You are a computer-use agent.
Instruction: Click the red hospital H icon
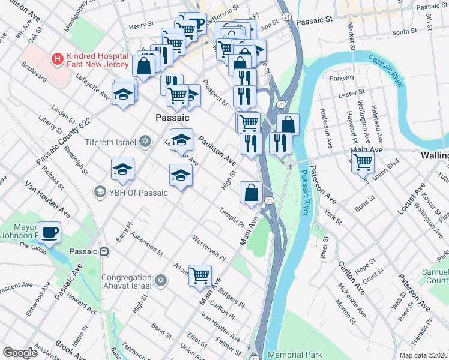coord(58,59)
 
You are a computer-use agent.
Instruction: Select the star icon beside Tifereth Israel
coord(144,142)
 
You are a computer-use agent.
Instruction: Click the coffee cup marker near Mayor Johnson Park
coord(49,232)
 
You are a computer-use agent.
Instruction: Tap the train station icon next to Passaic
coord(104,251)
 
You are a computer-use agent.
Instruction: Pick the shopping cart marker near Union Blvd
coord(363,161)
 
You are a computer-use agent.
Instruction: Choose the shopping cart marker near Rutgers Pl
coord(200,276)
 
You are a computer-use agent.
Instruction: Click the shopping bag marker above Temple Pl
coord(252,193)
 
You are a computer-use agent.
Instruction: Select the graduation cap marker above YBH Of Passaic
coord(123,170)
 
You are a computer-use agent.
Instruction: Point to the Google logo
coord(20,353)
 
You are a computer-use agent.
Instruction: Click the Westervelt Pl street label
coord(208,248)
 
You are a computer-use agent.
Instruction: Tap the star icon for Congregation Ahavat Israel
coord(160,281)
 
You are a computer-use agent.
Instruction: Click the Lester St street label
coord(352,94)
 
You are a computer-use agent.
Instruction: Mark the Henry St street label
coord(141,26)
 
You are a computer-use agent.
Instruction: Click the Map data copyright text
coord(423,355)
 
